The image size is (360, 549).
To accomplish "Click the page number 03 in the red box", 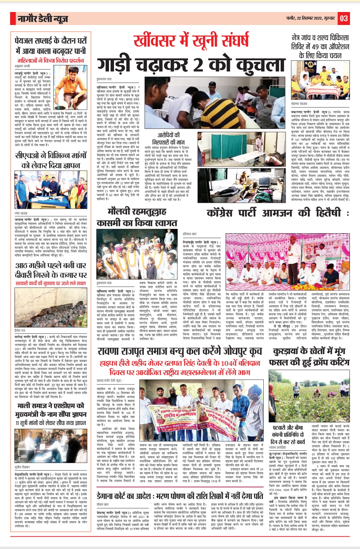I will click(x=344, y=18).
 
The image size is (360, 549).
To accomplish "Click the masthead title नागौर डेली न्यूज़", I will click(x=43, y=19).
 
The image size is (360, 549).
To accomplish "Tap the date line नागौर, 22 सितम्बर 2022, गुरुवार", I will click(x=310, y=18).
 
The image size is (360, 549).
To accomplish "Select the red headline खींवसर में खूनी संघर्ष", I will click(x=191, y=41).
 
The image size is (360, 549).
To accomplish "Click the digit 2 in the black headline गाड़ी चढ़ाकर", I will click(x=198, y=64).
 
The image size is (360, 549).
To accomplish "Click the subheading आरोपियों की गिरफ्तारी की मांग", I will click(x=168, y=139).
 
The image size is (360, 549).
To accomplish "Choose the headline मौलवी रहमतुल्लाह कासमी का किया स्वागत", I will click(x=137, y=217).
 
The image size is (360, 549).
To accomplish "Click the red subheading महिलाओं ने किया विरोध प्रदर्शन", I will click(x=51, y=61).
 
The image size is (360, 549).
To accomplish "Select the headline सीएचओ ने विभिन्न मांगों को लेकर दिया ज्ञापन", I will click(x=51, y=160).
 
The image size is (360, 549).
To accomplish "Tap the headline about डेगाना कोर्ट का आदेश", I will click(x=180, y=496).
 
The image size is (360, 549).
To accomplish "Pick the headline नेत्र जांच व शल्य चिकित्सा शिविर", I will click(x=320, y=46).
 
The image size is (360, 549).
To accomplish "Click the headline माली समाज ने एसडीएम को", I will click(x=51, y=410).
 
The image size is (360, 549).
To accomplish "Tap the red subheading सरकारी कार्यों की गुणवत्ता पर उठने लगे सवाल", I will click(x=51, y=283).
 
